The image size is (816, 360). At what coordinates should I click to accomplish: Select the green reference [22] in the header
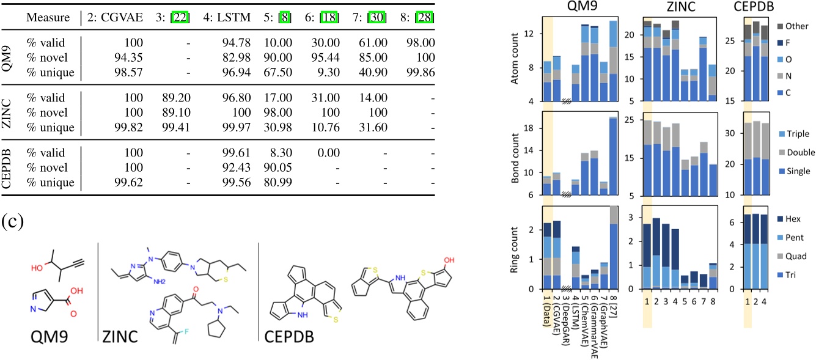180,17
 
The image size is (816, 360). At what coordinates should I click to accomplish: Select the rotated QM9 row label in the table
9,57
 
